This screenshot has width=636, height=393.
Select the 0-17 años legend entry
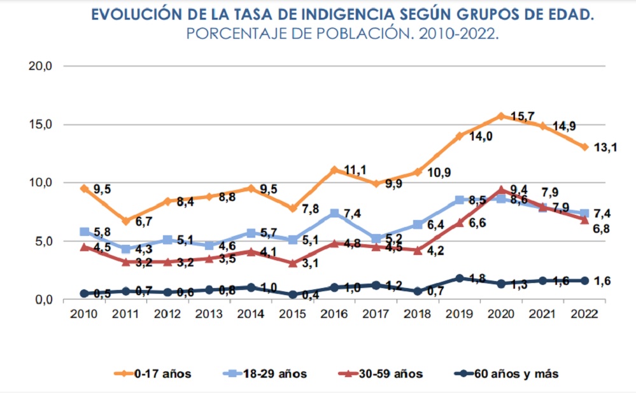152,374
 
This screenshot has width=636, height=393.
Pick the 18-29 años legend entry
268,374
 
